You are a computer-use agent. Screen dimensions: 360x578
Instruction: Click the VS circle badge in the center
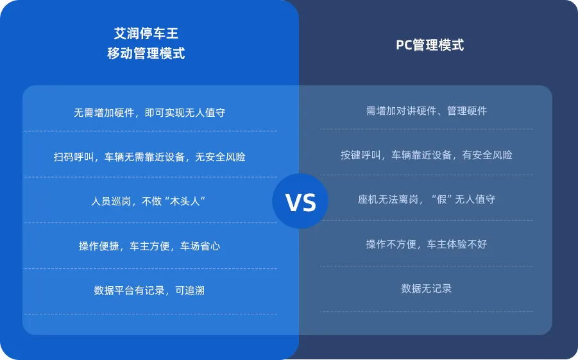point(300,201)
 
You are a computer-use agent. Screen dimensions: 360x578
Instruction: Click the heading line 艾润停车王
point(146,33)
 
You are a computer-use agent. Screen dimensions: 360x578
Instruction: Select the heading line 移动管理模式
point(146,53)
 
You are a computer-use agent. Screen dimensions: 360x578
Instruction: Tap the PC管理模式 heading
point(430,45)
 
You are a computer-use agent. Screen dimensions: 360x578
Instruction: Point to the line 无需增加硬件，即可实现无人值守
point(149,113)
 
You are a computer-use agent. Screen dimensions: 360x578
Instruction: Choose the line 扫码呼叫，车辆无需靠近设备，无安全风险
point(149,157)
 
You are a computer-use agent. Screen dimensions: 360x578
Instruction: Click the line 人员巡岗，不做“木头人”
point(149,201)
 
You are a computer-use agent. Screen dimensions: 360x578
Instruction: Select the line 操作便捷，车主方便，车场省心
point(149,246)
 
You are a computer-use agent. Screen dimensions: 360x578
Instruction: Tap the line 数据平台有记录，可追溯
point(149,290)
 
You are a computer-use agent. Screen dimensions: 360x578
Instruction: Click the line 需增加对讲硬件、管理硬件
point(427,111)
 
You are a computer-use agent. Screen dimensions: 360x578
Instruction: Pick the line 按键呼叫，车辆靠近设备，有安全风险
point(427,155)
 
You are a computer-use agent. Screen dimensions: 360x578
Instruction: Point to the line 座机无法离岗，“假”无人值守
point(427,199)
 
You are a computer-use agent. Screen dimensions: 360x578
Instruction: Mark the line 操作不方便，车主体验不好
point(427,244)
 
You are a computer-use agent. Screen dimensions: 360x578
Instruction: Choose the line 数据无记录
point(427,288)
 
